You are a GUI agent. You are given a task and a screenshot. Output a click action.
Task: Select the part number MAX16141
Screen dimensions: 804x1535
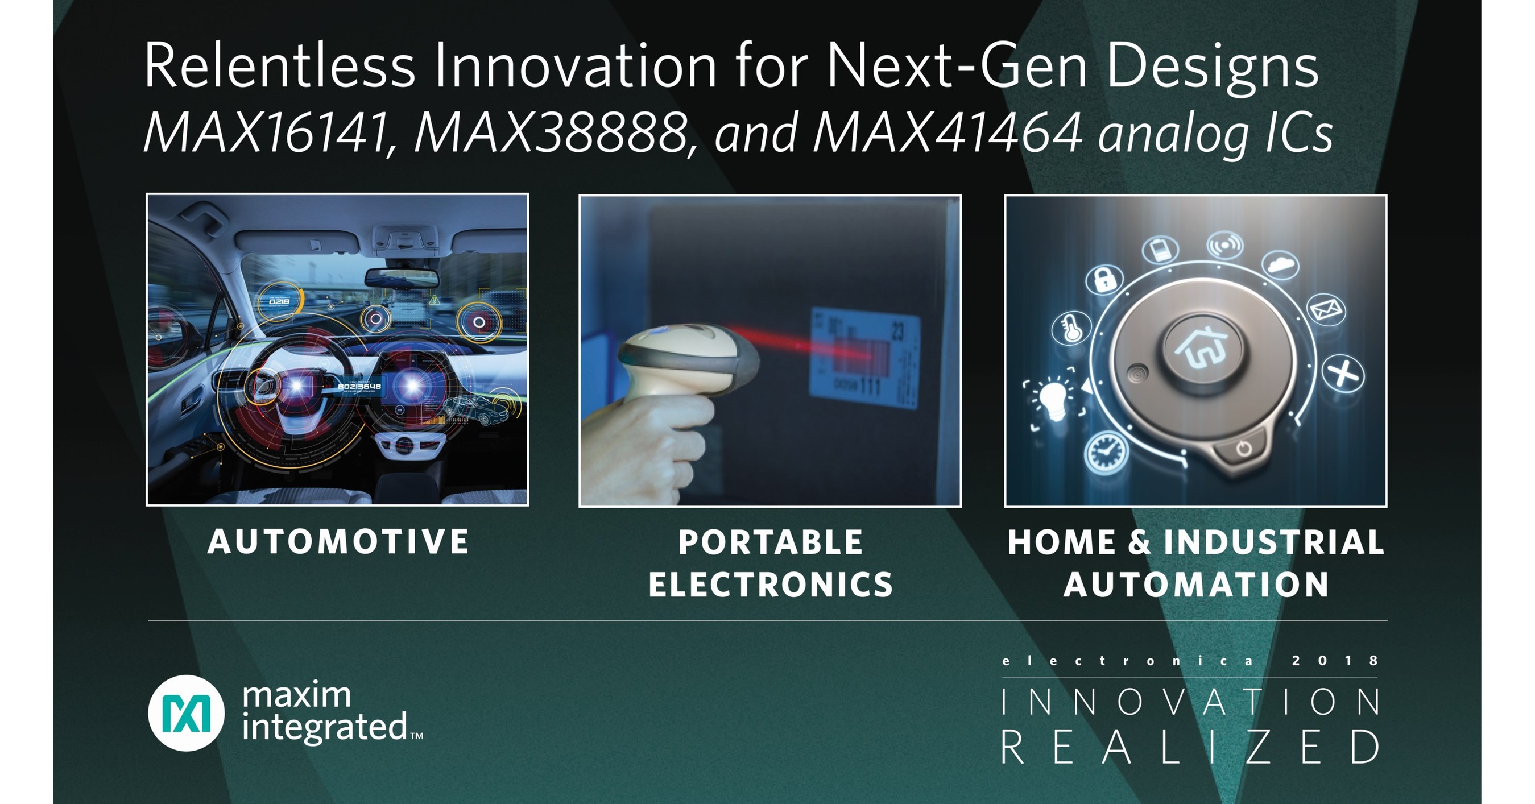point(266,134)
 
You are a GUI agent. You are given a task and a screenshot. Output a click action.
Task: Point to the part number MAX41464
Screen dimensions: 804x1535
point(948,134)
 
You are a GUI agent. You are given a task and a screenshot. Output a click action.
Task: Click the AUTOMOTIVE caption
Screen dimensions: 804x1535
point(338,542)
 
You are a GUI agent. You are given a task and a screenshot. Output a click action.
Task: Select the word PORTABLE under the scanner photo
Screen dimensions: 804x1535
point(771,542)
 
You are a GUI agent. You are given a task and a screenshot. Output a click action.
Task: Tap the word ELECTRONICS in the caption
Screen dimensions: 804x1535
point(771,585)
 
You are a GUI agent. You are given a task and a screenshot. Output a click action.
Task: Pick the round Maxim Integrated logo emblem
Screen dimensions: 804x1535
point(186,713)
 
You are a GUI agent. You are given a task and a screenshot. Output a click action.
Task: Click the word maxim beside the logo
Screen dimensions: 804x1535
point(297,695)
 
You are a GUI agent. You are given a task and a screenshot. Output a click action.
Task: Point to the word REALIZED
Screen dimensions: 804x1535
point(1190,747)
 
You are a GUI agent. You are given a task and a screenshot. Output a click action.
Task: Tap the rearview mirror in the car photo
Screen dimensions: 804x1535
point(394,277)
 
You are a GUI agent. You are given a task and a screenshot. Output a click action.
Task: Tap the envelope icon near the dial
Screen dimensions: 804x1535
point(1326,310)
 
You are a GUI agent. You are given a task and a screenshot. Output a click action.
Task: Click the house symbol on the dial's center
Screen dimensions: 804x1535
point(1202,348)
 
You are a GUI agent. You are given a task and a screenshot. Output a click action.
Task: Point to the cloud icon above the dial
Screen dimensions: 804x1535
point(1280,263)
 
